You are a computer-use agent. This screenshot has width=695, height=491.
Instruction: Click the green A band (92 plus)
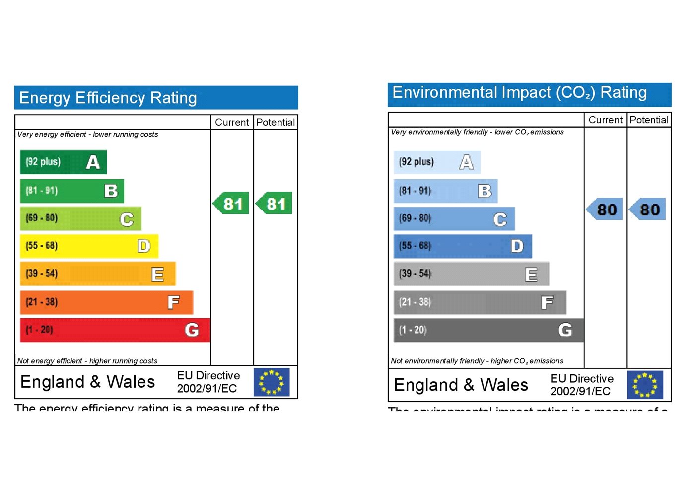pyautogui.click(x=63, y=162)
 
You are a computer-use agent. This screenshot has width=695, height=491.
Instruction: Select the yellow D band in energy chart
pyautogui.click(x=89, y=246)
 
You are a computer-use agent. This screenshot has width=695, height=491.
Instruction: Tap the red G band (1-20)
pyautogui.click(x=115, y=330)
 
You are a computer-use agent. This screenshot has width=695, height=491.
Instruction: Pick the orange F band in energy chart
pyautogui.click(x=106, y=302)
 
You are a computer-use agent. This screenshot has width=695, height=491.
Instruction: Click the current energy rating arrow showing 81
pyautogui.click(x=231, y=204)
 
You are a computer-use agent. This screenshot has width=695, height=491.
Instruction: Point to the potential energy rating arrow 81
pyautogui.click(x=274, y=204)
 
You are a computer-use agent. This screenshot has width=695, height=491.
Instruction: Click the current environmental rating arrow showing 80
pyautogui.click(x=605, y=210)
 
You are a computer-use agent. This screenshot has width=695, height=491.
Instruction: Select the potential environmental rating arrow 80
pyautogui.click(x=648, y=210)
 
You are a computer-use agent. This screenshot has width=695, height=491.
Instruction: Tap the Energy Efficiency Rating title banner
pyautogui.click(x=156, y=98)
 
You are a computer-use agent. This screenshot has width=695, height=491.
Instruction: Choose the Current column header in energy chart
pyautogui.click(x=232, y=122)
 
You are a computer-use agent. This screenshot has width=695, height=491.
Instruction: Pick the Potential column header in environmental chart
pyautogui.click(x=649, y=120)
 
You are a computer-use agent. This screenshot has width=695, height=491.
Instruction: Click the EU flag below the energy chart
pyautogui.click(x=272, y=382)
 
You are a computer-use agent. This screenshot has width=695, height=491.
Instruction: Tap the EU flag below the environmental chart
pyautogui.click(x=645, y=385)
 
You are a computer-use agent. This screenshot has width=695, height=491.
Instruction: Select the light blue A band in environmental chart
pyautogui.click(x=437, y=162)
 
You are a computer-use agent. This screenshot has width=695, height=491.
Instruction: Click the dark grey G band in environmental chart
pyautogui.click(x=488, y=330)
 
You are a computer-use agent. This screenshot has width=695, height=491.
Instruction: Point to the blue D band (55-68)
pyautogui.click(x=463, y=246)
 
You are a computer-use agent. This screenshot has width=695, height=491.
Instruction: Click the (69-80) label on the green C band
pyautogui.click(x=42, y=218)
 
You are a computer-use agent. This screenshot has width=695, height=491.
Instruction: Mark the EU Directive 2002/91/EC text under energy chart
pyautogui.click(x=208, y=382)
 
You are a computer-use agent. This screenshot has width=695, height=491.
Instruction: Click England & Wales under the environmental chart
pyautogui.click(x=461, y=385)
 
